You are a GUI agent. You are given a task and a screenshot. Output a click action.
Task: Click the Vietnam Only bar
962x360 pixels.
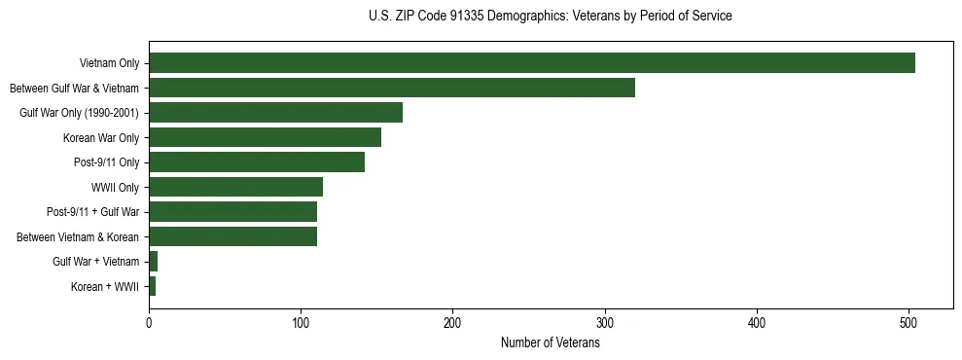click(531, 63)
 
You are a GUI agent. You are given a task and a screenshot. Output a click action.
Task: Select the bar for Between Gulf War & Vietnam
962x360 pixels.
click(391, 88)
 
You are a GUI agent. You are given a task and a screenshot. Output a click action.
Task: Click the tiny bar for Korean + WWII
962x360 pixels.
click(152, 286)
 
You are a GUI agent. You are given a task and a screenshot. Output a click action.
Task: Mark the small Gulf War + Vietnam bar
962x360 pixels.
click(153, 262)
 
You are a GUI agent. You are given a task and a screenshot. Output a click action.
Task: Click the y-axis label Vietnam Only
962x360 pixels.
click(109, 64)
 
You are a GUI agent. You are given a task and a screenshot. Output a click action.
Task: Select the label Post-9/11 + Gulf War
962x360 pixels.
click(93, 212)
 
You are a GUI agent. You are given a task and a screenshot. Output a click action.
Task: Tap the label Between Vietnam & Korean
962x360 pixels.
click(79, 236)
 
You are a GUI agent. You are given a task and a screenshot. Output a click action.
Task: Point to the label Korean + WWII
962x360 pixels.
click(105, 287)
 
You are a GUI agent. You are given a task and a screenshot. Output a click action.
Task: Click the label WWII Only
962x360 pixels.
click(115, 187)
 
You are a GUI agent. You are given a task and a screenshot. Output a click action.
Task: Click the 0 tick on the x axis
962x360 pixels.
click(149, 323)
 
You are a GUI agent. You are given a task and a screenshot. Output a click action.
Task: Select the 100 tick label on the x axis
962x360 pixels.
click(301, 323)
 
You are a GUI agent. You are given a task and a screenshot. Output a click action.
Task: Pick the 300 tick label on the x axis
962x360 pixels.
click(605, 323)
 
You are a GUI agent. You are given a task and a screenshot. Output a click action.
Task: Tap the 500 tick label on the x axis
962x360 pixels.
click(909, 323)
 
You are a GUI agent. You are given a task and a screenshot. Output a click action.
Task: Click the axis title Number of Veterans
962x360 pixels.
click(550, 343)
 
